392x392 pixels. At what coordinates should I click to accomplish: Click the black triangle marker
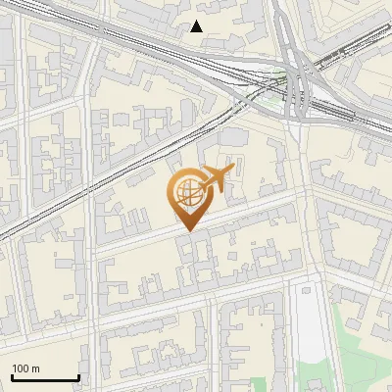197,26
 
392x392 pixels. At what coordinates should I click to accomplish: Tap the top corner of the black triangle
197,21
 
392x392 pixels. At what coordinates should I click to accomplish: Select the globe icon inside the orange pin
186,197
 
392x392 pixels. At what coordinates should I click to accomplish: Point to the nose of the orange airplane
233,171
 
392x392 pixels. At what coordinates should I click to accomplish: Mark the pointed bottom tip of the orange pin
187,231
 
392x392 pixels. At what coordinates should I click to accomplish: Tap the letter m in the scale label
36,368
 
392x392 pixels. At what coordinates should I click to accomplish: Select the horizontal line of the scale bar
45,378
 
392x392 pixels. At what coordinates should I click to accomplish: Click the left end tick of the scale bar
12,376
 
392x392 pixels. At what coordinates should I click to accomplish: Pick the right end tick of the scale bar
78,376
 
